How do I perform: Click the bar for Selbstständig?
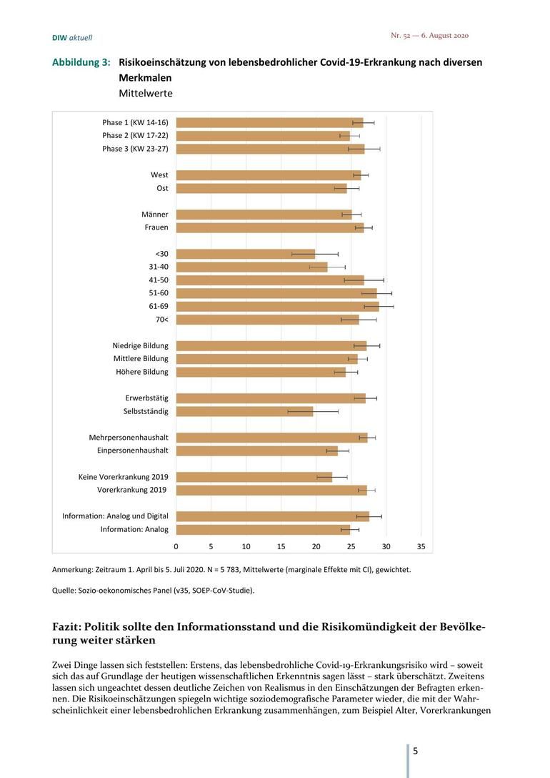click(245, 411)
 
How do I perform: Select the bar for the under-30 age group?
click(246, 254)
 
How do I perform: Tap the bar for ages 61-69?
click(277, 307)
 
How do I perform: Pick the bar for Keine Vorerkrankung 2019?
click(254, 478)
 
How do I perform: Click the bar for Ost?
click(261, 189)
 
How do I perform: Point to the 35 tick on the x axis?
click(421, 546)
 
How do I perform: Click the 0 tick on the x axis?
click(176, 546)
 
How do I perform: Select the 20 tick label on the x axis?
click(316, 546)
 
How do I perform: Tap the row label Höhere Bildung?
click(142, 372)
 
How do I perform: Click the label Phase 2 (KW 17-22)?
click(135, 135)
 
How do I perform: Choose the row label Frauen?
click(156, 227)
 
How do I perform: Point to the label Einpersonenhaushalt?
click(133, 450)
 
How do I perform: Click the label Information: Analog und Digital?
click(116, 516)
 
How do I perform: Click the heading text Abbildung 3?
click(81, 62)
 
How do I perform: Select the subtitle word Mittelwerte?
click(146, 93)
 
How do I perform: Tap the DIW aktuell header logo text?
click(72, 38)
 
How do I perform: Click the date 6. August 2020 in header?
click(445, 35)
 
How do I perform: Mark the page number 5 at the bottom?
click(415, 751)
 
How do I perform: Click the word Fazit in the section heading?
click(66, 626)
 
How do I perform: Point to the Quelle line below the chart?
click(153, 591)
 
